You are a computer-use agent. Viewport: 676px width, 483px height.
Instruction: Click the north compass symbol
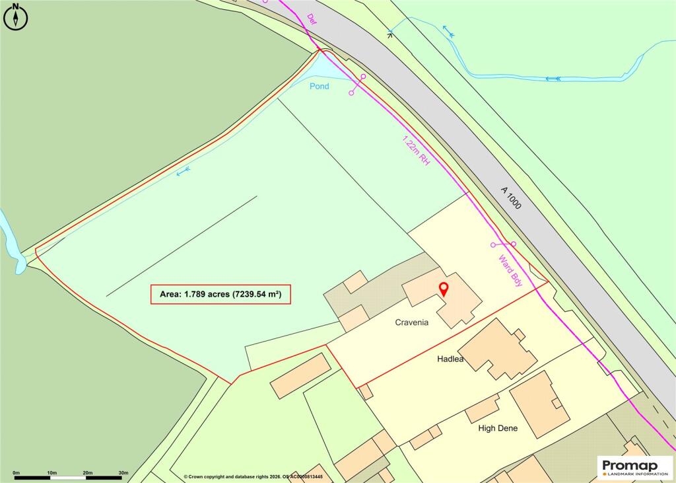[x=15, y=17]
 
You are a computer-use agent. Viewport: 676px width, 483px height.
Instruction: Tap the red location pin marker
[x=444, y=289]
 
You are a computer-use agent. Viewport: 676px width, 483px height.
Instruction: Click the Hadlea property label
[x=452, y=359]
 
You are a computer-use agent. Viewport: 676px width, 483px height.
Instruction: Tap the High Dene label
[x=498, y=428]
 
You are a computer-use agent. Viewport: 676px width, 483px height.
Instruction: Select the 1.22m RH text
[x=417, y=151]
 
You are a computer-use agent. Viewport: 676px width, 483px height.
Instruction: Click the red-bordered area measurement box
[x=220, y=295]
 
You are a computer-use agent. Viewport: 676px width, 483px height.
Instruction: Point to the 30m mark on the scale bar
[x=123, y=473]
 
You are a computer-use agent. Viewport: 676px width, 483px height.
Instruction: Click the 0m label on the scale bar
[x=17, y=473]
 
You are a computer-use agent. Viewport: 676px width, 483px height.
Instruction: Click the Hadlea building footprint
[x=498, y=350]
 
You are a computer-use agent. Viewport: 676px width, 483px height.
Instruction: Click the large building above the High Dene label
[x=539, y=404]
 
